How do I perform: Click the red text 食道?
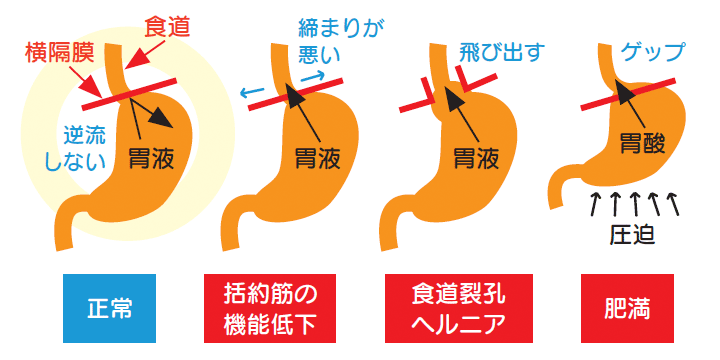tap(167, 23)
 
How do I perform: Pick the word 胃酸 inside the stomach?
tap(641, 144)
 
